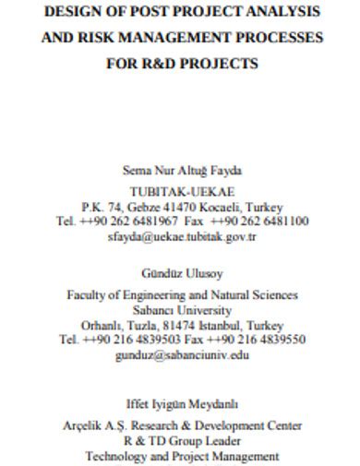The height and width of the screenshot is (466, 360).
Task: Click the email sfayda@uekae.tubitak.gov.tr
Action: [x=181, y=236]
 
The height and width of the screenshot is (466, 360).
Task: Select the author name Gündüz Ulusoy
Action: [x=181, y=273]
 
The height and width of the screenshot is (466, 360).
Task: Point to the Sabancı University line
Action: [x=181, y=309]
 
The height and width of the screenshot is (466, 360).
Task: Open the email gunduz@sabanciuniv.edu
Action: [x=181, y=353]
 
